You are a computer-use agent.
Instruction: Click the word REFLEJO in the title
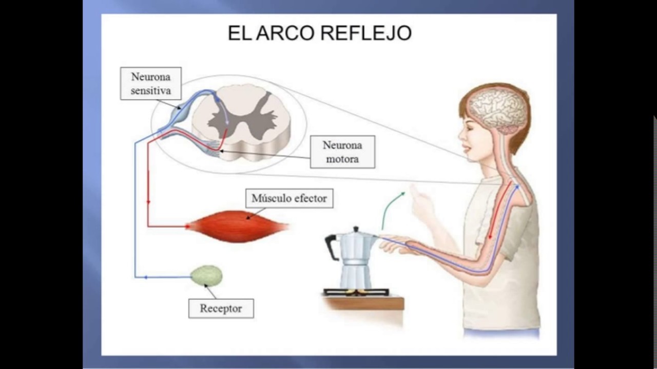(366, 33)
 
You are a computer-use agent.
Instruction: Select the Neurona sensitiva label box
(151, 84)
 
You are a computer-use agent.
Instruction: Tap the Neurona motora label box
(342, 152)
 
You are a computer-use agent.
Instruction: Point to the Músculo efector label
(289, 198)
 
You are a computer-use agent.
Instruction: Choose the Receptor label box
(221, 309)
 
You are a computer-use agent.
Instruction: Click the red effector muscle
(238, 227)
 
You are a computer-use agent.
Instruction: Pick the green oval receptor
(206, 275)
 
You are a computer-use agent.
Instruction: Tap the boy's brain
(498, 111)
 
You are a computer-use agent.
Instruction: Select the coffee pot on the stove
(353, 258)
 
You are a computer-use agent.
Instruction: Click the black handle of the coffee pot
(332, 247)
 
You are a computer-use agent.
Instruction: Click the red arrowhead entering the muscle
(187, 226)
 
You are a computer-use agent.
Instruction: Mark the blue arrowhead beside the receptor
(146, 277)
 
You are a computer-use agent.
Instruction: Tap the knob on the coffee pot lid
(356, 229)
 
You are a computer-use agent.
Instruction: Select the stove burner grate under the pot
(357, 292)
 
